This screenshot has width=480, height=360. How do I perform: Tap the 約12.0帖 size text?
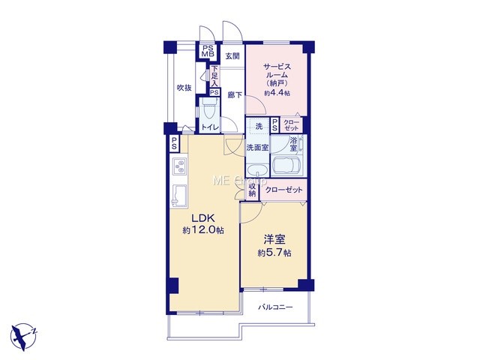tap(203, 230)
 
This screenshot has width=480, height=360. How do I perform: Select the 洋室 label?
tap(274, 239)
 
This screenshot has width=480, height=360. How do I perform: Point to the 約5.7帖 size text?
tap(274, 253)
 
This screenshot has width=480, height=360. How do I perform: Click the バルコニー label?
tap(275, 307)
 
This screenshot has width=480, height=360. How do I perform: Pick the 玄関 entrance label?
tap(232, 56)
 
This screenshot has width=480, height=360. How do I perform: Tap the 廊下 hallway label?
tap(235, 95)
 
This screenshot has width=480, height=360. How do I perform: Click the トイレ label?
tap(210, 127)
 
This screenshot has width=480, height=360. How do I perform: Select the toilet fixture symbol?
tap(209, 109)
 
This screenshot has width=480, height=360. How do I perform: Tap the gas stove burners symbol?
tap(179, 167)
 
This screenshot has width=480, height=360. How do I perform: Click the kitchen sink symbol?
tap(178, 196)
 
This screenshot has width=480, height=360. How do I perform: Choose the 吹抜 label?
tap(184, 88)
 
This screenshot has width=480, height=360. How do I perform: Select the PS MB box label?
tap(208, 51)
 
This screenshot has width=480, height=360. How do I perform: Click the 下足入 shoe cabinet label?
tap(214, 76)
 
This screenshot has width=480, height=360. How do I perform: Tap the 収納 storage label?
tap(252, 190)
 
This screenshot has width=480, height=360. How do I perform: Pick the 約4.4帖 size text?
tap(277, 93)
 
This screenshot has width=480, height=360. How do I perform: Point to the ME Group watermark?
tap(239, 181)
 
